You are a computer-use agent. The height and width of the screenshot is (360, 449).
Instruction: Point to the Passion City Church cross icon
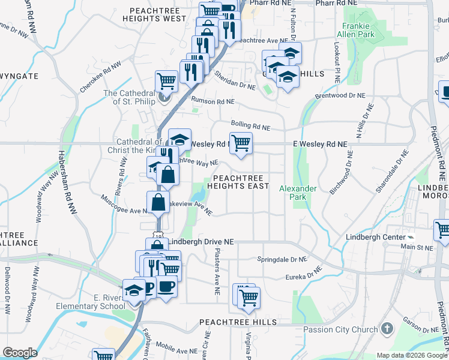pos(387,329)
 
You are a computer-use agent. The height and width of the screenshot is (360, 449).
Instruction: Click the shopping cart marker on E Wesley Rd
pos(241,144)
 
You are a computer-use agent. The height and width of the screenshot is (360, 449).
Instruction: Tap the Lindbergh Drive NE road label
pos(201,242)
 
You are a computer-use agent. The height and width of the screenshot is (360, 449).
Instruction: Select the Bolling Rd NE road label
pos(250,127)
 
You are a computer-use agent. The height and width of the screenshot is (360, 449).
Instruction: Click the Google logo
pos(20,353)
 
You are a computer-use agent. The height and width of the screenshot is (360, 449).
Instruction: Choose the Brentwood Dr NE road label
pos(340,95)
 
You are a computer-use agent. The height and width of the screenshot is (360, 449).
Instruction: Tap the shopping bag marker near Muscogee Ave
pos(157,202)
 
